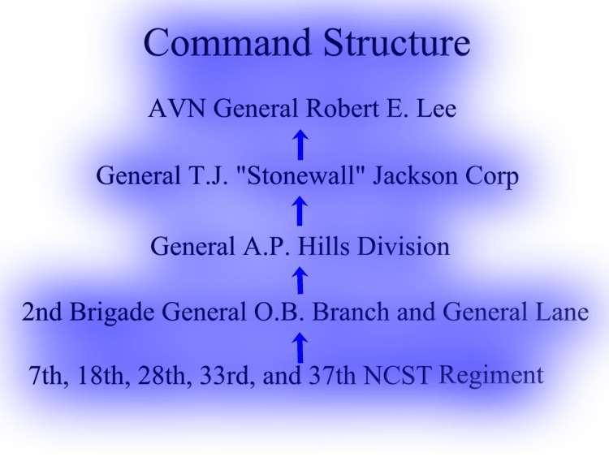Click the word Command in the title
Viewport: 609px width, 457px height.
[x=227, y=42]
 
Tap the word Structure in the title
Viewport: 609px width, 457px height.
[x=396, y=42]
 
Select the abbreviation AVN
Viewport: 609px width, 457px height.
[x=177, y=108]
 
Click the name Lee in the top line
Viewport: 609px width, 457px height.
[x=436, y=108]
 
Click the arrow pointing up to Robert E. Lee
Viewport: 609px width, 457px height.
[x=300, y=144]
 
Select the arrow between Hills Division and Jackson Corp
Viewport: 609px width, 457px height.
[x=300, y=210]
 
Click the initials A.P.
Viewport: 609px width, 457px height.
[x=266, y=246]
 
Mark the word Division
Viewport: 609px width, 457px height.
[x=403, y=246]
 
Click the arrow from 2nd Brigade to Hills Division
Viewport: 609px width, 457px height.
[x=300, y=279]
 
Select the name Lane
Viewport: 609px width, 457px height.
[x=564, y=312]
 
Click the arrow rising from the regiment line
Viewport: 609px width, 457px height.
[x=300, y=347]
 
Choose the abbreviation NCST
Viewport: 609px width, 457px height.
[x=397, y=375]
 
